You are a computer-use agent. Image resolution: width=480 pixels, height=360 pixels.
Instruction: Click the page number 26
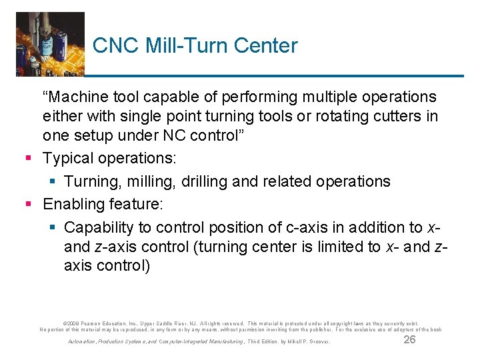tap(410, 339)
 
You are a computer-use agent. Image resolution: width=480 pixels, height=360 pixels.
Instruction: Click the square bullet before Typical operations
tap(27, 159)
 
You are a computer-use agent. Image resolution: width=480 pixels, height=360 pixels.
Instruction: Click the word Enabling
tap(72, 203)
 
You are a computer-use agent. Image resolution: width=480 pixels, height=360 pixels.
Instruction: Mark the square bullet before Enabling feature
tap(27, 204)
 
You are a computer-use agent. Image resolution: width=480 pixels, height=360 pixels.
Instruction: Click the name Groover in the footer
tap(318, 342)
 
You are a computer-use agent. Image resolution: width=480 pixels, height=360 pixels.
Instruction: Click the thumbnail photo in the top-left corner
tap(50, 43)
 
